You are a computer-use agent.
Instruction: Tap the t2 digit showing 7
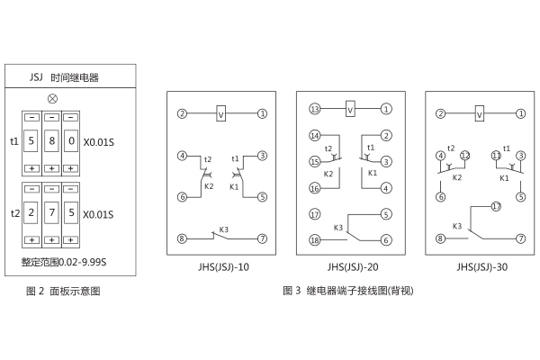click(x=52, y=213)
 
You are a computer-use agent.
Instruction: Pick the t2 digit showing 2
click(x=31, y=213)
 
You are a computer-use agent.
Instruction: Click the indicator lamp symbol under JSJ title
click(x=52, y=98)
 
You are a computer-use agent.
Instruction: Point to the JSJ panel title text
click(x=65, y=78)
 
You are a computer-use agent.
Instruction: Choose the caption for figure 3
click(x=348, y=291)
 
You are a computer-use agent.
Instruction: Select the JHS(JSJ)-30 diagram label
click(x=482, y=267)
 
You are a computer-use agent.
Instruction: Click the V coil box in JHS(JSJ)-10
click(x=220, y=113)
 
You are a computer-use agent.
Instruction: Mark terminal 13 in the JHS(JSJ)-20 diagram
click(x=315, y=110)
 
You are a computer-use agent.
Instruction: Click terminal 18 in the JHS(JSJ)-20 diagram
click(x=315, y=239)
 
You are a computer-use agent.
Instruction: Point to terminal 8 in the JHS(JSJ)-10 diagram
click(x=182, y=238)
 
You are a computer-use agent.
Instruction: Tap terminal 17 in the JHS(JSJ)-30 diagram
click(x=495, y=206)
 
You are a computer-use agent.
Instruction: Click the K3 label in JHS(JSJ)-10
click(x=223, y=229)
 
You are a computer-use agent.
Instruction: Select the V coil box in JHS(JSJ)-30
click(x=481, y=114)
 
